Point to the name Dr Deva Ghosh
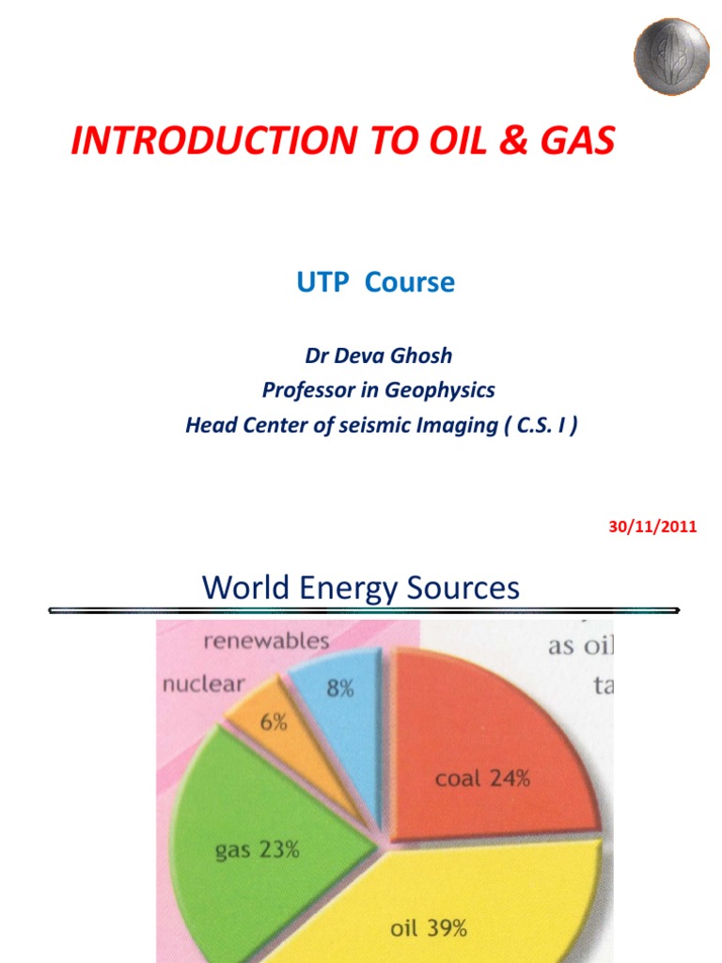(x=379, y=355)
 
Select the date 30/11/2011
(x=652, y=527)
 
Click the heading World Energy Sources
(x=360, y=589)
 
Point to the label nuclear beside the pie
(x=203, y=684)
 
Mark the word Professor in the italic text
(x=306, y=389)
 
